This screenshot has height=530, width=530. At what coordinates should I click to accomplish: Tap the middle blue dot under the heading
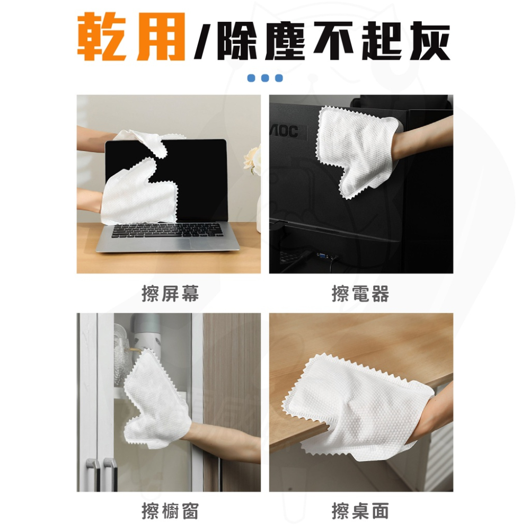click(265, 78)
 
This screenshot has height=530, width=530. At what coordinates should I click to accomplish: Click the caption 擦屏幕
click(170, 293)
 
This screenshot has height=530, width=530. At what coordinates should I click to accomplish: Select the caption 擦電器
click(360, 293)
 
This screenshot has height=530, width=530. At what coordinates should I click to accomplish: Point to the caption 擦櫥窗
click(170, 511)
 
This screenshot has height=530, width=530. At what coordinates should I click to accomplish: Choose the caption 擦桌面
click(360, 511)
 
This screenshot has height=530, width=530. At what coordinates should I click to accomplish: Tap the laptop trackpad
click(199, 245)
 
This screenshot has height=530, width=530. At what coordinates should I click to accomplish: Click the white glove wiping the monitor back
click(355, 151)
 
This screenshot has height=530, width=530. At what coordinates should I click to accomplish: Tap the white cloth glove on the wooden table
click(360, 403)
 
